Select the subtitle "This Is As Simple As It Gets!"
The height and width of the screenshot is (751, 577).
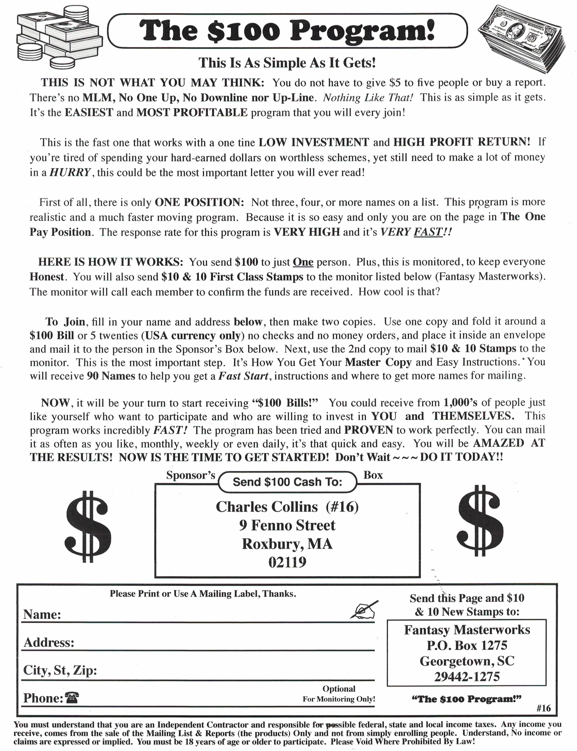pyautogui.click(x=287, y=63)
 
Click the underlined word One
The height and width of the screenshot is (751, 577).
pyautogui.click(x=303, y=262)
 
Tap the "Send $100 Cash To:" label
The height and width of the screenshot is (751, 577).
pyautogui.click(x=287, y=482)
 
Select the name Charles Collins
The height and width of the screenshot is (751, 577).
pyautogui.click(x=267, y=507)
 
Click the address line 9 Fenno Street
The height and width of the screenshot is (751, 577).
pyautogui.click(x=287, y=525)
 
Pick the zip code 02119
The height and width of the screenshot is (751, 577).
pyautogui.click(x=287, y=562)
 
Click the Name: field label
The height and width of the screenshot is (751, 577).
pyautogui.click(x=42, y=614)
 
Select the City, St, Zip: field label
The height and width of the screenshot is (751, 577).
pyautogui.click(x=60, y=670)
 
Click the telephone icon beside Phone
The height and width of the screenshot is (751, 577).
pyautogui.click(x=72, y=698)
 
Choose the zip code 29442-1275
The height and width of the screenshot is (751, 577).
pyautogui.click(x=467, y=677)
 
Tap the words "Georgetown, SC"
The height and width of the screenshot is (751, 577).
pyautogui.click(x=467, y=661)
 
